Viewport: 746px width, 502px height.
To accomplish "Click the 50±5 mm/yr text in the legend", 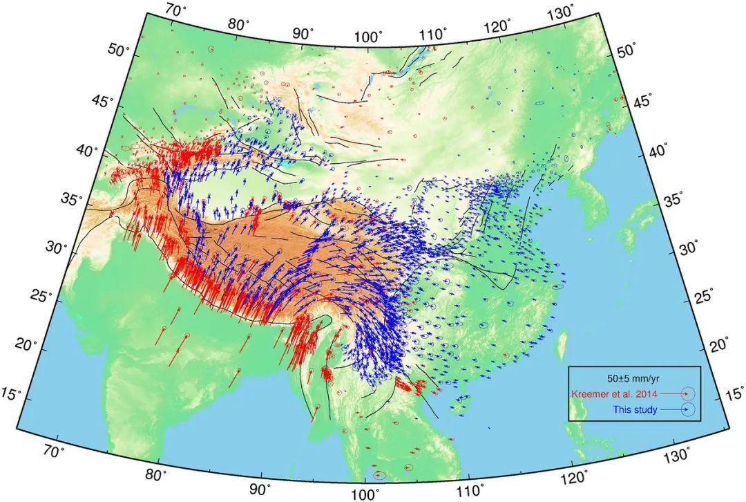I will tap(634, 379).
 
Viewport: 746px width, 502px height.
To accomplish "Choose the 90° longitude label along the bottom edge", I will tap(261, 489).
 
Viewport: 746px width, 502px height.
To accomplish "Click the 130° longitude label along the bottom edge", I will tap(678, 456).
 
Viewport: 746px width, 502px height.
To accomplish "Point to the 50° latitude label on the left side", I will tap(122, 50).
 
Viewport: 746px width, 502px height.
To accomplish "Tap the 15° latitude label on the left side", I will tap(30, 393).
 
